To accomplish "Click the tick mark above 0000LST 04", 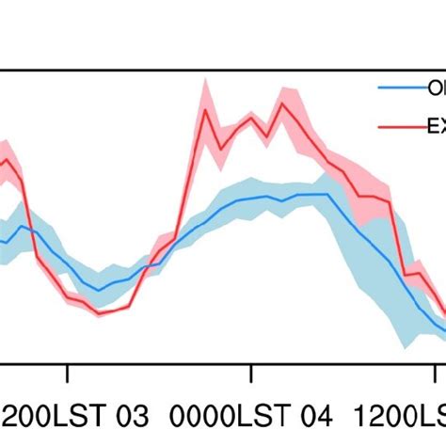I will tap(251, 374).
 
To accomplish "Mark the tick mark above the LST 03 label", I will tap(68, 374).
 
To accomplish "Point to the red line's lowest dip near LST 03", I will tap(100, 312).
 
